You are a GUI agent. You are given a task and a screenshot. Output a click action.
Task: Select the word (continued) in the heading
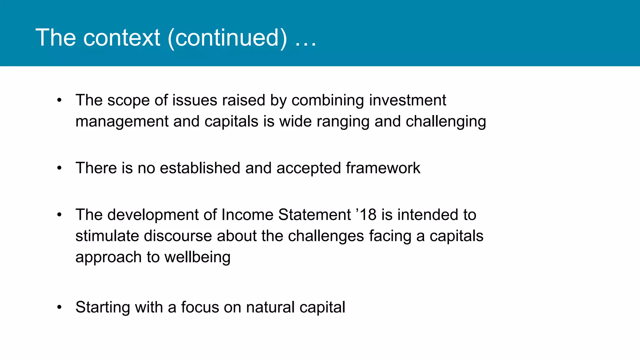point(227,38)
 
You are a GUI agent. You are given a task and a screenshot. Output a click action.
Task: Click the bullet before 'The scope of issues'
point(59,101)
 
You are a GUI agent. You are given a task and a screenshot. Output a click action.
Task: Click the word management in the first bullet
point(122,122)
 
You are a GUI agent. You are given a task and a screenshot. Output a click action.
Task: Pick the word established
point(200,168)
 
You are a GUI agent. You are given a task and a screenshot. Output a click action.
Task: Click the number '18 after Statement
point(366,215)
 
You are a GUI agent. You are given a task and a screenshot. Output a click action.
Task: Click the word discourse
point(178,236)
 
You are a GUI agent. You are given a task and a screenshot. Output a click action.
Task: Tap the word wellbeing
point(197,257)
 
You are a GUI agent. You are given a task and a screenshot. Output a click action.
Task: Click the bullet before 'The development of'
point(59,215)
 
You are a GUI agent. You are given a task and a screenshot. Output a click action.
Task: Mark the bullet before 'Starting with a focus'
point(59,307)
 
